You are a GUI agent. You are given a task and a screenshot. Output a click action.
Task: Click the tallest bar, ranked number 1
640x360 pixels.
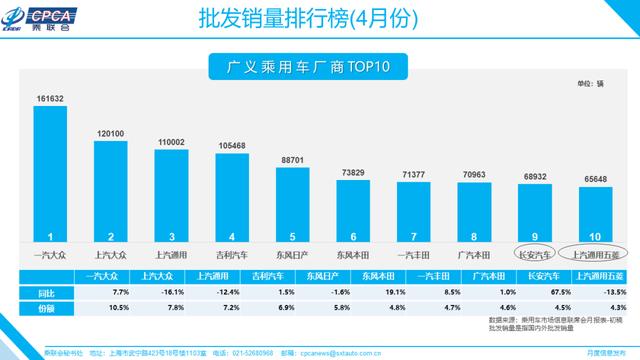[x=51, y=170]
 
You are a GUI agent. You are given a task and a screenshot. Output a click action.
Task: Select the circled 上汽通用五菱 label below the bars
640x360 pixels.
[x=597, y=254]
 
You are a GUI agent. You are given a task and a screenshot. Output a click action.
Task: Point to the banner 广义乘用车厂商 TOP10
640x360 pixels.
[x=315, y=68]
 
